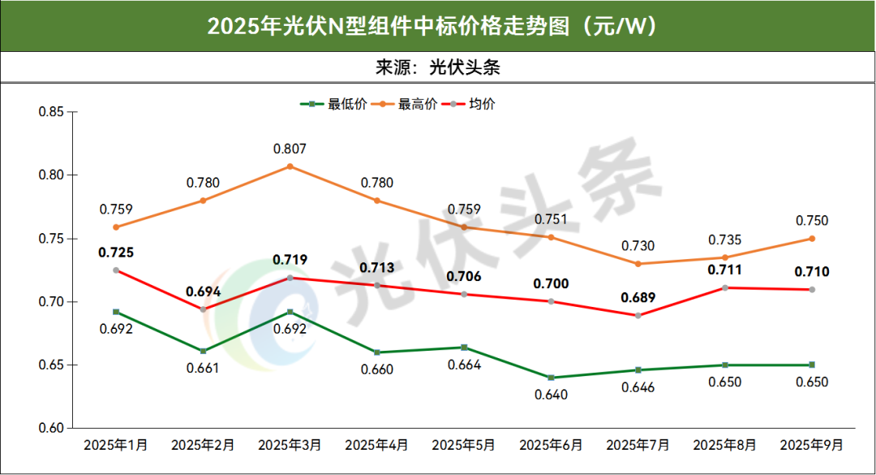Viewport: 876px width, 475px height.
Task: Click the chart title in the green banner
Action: click(437, 26)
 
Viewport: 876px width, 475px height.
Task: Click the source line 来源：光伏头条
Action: click(437, 67)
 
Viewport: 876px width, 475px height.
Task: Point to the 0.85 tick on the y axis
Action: click(51, 111)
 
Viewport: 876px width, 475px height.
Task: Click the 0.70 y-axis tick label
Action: click(51, 302)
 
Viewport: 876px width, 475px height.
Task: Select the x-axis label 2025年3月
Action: click(290, 445)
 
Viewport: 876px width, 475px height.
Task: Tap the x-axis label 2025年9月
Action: click(811, 445)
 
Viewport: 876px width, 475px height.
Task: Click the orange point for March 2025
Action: click(290, 166)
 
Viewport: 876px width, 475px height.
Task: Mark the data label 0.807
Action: click(290, 149)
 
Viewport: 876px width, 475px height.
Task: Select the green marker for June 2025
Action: click(551, 378)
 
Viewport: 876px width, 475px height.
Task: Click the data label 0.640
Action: click(551, 395)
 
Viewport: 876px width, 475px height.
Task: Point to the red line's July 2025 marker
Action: click(638, 316)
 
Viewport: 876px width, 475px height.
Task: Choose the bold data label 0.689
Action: click(638, 297)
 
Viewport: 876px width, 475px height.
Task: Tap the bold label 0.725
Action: click(116, 253)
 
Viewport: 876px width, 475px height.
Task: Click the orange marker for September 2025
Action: click(811, 239)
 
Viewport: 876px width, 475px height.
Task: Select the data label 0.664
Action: click(464, 365)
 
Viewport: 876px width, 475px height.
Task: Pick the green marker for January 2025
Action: click(116, 312)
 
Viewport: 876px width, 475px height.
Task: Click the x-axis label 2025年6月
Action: click(551, 445)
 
